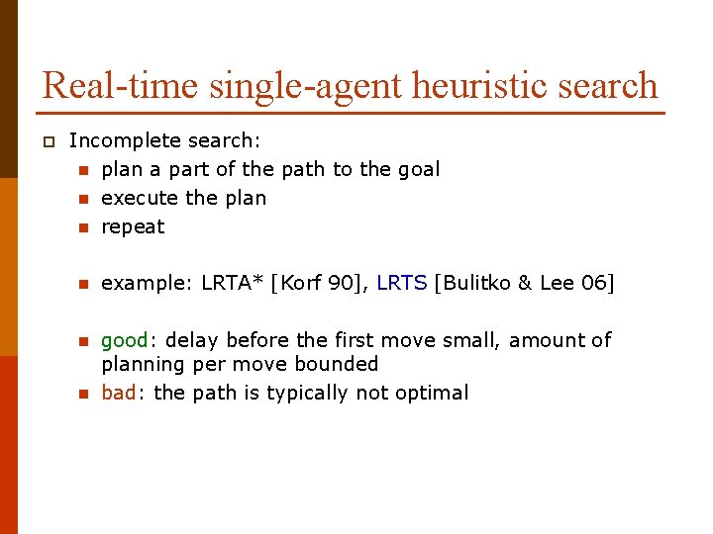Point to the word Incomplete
[x=119, y=141]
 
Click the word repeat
[x=133, y=226]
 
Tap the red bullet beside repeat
[x=84, y=227]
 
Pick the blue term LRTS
[x=402, y=284]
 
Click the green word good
[x=125, y=340]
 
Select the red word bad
[x=118, y=393]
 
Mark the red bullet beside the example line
[x=84, y=285]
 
